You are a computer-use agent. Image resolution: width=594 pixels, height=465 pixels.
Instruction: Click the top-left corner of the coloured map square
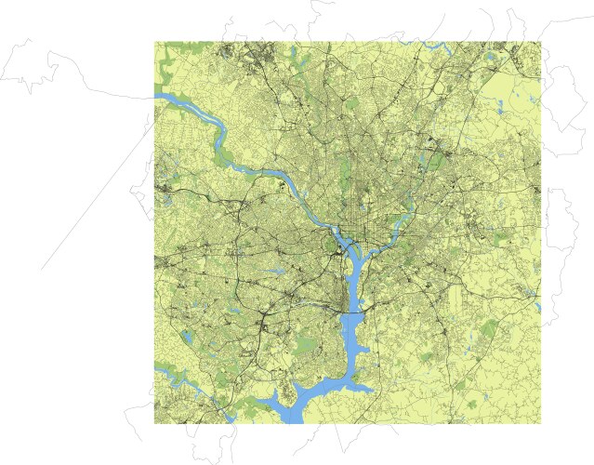pos(154,41)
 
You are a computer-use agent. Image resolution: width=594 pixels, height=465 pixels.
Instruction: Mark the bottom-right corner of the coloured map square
pos(541,424)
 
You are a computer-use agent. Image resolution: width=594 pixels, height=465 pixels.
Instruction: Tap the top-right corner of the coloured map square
pos(541,41)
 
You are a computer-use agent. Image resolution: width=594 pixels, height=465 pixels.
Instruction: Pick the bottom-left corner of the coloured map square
pos(154,424)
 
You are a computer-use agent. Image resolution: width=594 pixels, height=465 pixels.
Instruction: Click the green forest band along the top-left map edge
pos(165,65)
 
